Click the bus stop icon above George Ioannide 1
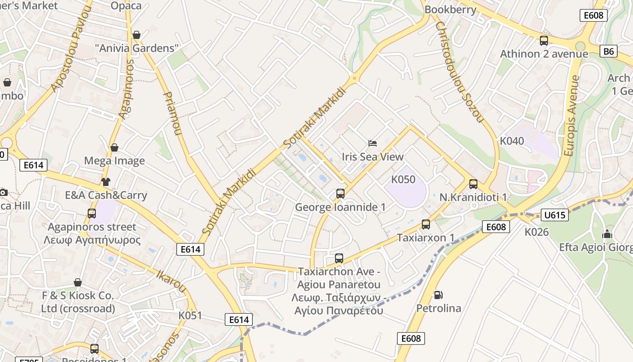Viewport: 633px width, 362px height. [340, 194]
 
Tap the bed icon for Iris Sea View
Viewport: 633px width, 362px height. [373, 143]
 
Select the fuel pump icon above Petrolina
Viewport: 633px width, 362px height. [438, 295]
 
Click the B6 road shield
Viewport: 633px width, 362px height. [609, 51]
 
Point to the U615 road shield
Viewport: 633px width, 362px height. [554, 215]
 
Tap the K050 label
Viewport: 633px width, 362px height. [403, 180]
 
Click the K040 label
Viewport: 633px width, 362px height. [512, 141]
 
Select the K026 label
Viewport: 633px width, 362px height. [537, 232]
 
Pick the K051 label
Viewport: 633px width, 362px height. [190, 315]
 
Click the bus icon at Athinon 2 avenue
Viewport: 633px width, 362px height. [544, 41]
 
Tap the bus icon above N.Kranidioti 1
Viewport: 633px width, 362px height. [473, 184]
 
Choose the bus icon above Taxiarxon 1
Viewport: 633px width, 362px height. [425, 224]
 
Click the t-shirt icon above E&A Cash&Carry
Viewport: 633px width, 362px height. [106, 182]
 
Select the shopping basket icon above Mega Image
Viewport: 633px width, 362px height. [114, 148]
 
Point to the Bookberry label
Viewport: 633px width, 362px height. [450, 10]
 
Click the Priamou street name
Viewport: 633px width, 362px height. [172, 114]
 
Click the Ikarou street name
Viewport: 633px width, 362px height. [171, 281]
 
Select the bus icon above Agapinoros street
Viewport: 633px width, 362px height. [92, 214]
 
